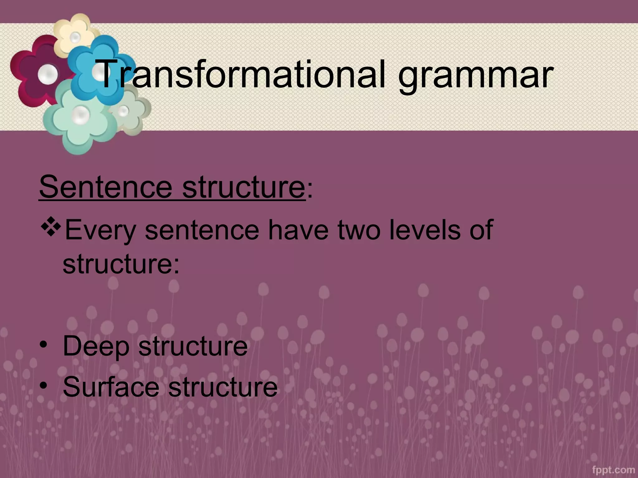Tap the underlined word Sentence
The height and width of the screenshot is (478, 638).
coord(106,187)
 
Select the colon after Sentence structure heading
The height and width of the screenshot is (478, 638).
coord(309,191)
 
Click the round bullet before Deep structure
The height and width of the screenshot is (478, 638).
coord(43,345)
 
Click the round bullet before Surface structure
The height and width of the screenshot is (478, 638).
coord(43,385)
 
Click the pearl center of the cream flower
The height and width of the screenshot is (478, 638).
coord(75,38)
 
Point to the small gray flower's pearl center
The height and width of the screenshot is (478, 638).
coord(123,110)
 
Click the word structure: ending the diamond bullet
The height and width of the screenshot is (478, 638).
coord(121,264)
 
